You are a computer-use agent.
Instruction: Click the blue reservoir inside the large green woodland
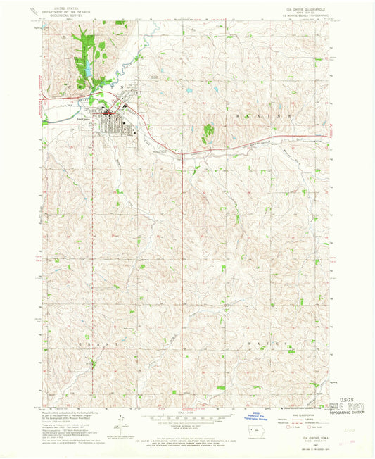(89, 68)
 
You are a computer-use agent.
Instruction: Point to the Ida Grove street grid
(113, 126)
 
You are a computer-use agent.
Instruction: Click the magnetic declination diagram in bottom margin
(125, 426)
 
